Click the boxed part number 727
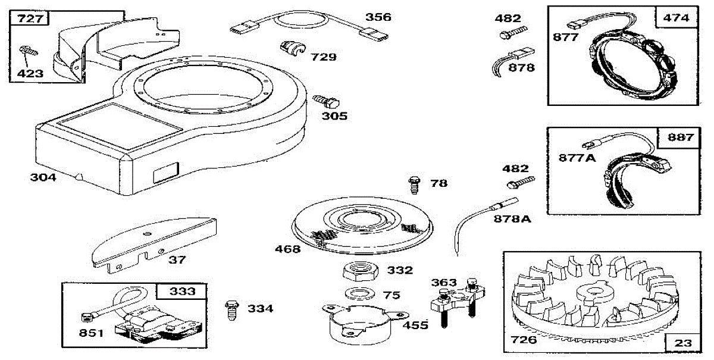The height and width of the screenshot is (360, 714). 29,18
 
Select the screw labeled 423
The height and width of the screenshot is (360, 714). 29,50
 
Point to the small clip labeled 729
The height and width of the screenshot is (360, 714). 291,47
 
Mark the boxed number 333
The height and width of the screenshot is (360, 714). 182,292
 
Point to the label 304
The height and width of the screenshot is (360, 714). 43,177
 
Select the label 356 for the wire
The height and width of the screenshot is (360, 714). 378,17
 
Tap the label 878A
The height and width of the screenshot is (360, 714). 512,218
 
